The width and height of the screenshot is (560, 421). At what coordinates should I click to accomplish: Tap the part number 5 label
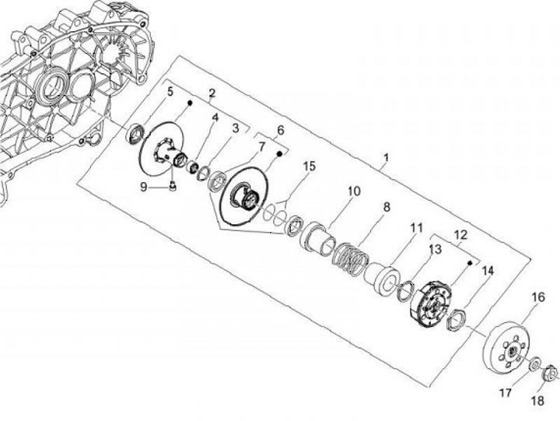170,93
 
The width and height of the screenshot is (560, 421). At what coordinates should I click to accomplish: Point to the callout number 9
143,186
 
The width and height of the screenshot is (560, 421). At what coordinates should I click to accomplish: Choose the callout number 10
354,191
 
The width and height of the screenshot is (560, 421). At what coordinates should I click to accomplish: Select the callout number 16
538,296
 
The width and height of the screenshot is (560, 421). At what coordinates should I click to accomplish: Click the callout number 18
537,402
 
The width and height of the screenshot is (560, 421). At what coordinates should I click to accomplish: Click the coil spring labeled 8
351,259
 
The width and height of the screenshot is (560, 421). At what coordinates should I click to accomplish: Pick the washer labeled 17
535,364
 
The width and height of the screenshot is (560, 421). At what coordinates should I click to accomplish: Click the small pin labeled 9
173,186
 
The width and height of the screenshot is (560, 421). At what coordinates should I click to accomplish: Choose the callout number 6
281,130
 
